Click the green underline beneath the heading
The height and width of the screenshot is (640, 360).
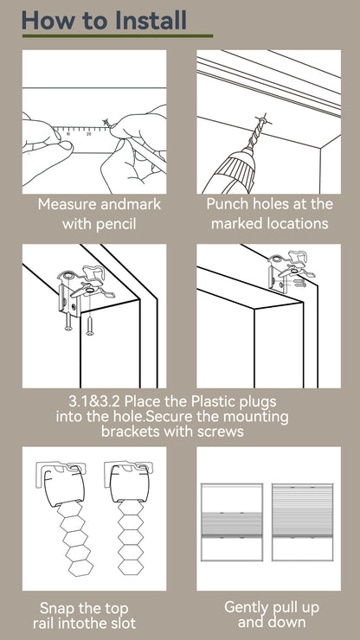pyautogui.click(x=117, y=36)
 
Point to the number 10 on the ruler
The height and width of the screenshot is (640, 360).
pyautogui.click(x=68, y=132)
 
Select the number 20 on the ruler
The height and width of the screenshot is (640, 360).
pyautogui.click(x=89, y=132)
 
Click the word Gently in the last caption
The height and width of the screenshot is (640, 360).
pyautogui.click(x=248, y=607)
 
